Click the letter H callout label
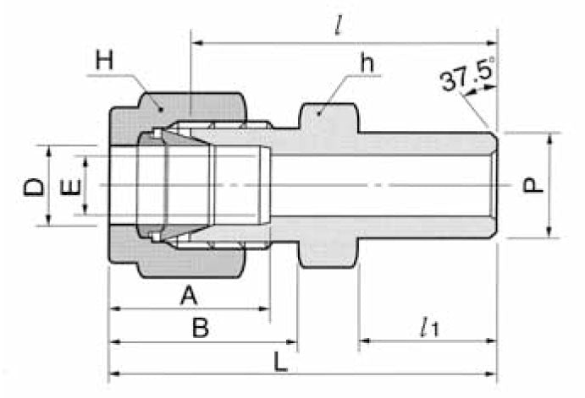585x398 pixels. (104, 60)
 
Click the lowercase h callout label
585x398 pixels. (367, 62)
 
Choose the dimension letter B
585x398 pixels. (200, 328)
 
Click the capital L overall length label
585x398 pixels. (281, 361)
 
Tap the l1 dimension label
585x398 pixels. (428, 326)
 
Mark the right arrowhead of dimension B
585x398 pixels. (292, 342)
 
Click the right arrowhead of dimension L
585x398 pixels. (493, 373)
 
